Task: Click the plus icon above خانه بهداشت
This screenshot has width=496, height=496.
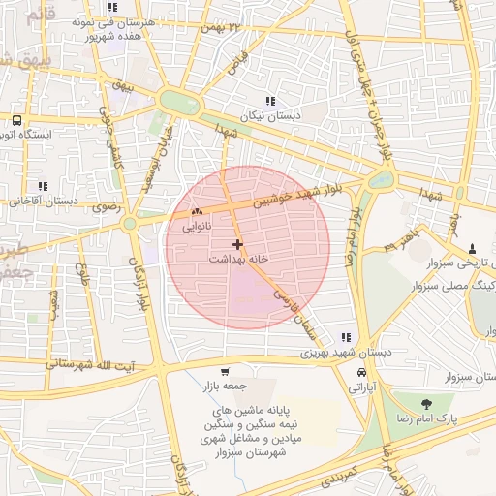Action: (238, 244)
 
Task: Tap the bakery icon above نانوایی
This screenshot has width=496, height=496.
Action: (197, 211)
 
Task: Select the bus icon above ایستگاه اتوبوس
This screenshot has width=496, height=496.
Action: (16, 121)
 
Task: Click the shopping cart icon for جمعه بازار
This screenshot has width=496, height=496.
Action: (225, 371)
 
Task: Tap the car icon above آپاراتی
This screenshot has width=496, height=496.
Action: (361, 372)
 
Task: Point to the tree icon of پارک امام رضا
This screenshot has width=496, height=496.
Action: (426, 403)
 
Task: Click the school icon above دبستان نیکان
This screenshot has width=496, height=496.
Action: (270, 100)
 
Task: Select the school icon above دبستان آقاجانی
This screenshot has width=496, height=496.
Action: (41, 186)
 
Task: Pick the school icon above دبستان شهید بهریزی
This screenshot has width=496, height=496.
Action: (346, 338)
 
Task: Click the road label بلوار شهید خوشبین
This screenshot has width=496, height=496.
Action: (299, 194)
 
